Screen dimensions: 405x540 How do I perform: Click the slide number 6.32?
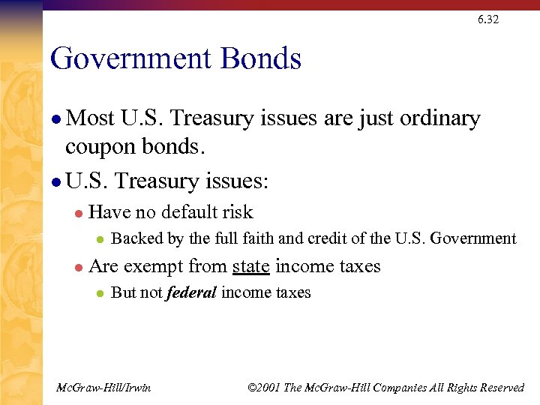(487, 19)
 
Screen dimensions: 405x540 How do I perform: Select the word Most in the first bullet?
(90, 118)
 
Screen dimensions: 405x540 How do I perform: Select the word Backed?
(133, 238)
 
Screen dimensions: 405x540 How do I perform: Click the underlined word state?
(251, 266)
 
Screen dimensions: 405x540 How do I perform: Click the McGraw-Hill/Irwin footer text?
(103, 387)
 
